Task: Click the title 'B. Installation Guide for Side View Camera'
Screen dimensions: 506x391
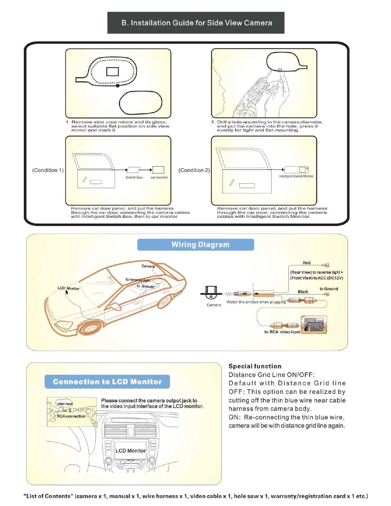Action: click(196, 23)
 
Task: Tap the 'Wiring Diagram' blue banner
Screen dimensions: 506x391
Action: click(195, 245)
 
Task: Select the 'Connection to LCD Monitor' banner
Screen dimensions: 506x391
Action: click(107, 382)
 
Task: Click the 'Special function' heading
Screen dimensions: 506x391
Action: click(255, 366)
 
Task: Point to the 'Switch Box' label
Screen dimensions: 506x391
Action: click(134, 177)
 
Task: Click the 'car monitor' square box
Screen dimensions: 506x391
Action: click(158, 170)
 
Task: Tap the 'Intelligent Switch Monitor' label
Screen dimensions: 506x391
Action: click(296, 176)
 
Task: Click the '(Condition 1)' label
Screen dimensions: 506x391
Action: click(48, 170)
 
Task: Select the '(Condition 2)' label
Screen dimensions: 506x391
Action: click(194, 170)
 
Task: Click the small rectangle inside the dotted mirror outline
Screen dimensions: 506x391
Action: click(112, 71)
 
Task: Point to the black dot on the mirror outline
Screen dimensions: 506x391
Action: click(118, 86)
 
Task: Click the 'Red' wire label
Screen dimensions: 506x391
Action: click(306, 263)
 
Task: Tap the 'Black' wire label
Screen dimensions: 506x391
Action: click(303, 292)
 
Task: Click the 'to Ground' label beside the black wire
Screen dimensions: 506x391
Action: click(329, 289)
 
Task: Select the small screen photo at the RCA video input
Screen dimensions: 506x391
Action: click(314, 325)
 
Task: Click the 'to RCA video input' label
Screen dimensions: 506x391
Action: click(282, 332)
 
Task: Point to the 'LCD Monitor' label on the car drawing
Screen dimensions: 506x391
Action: click(68, 288)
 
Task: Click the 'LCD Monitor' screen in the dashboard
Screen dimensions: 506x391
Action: click(130, 450)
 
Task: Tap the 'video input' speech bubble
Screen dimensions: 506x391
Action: click(65, 403)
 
